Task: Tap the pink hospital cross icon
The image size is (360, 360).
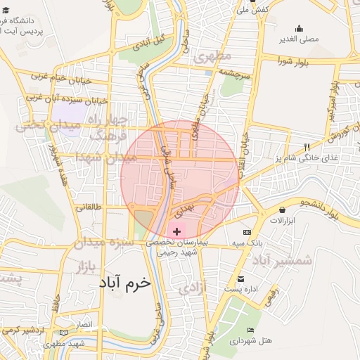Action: coord(176,231)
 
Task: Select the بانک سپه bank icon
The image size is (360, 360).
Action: coord(247,232)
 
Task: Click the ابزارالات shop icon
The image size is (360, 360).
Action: coord(282,210)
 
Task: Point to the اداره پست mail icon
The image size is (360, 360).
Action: coord(241,279)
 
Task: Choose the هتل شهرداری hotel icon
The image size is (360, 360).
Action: coord(251,330)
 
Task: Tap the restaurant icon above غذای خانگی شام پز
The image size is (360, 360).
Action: coord(306,147)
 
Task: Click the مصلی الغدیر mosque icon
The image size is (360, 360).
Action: coord(300,29)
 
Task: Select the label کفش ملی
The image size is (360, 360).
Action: coord(252,10)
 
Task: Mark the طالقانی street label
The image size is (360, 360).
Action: coord(89,207)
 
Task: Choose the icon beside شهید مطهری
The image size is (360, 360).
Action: coord(64,332)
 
